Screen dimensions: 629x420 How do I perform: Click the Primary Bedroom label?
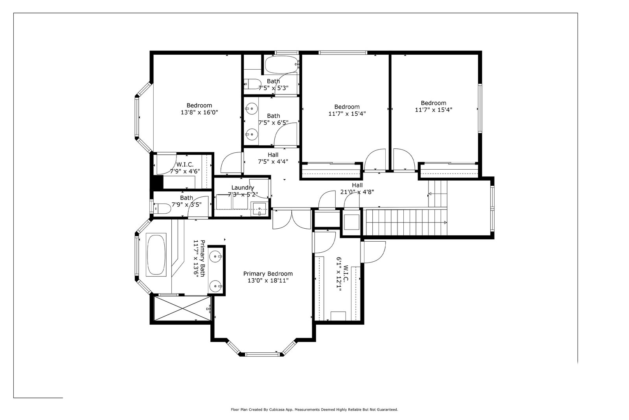click(268, 274)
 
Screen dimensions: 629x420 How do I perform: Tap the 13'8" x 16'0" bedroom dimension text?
click(199, 113)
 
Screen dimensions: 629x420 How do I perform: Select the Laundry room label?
click(243, 188)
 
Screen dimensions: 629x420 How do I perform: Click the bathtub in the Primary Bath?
click(156, 255)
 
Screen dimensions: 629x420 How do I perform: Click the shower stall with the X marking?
click(182, 308)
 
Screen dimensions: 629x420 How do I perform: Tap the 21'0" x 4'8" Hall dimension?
click(357, 192)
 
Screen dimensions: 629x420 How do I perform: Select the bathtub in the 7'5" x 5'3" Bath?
click(282, 65)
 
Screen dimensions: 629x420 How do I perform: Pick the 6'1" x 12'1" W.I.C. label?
click(342, 274)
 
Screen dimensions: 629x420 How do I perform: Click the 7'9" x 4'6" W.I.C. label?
click(185, 168)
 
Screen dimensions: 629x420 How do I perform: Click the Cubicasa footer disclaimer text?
click(314, 410)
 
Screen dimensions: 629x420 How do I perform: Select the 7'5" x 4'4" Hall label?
click(273, 158)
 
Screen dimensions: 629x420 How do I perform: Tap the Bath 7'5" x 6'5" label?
click(273, 119)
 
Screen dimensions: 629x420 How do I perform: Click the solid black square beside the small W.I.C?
click(158, 182)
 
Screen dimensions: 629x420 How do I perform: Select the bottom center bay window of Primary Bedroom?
click(262, 354)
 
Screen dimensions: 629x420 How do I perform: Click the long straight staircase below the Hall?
click(405, 222)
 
